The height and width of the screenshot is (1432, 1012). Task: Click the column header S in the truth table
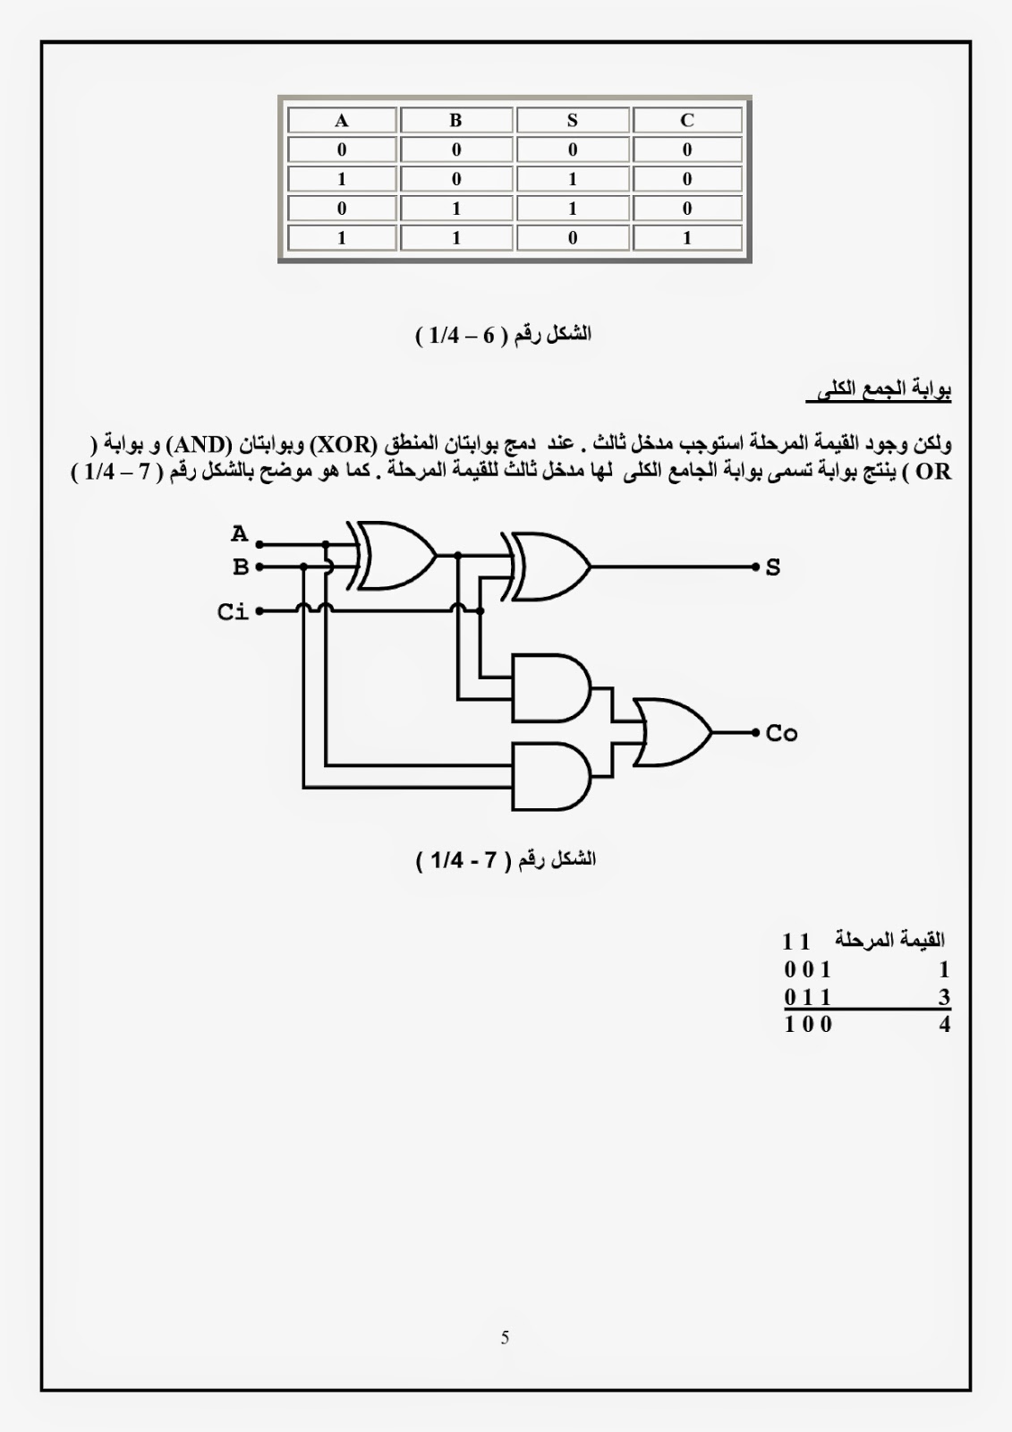click(x=573, y=120)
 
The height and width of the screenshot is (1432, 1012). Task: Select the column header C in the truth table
click(x=687, y=120)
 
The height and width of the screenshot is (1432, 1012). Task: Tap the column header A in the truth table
click(x=342, y=120)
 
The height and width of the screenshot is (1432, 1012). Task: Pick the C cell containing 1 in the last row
click(x=687, y=238)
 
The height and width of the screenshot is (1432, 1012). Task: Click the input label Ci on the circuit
click(x=233, y=612)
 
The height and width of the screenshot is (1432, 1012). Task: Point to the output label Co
click(x=781, y=734)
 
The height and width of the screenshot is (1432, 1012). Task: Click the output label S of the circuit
click(x=773, y=567)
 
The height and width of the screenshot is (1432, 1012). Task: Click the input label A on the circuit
click(x=239, y=534)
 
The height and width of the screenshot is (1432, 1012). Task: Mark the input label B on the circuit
click(x=240, y=567)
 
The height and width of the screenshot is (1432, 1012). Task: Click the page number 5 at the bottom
click(x=506, y=1338)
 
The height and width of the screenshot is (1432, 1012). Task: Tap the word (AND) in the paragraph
click(x=200, y=444)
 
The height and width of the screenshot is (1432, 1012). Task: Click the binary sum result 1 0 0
click(x=808, y=1025)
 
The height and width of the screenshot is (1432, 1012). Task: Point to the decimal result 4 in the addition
click(x=944, y=1025)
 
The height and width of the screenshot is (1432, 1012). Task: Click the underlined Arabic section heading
click(x=879, y=390)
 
